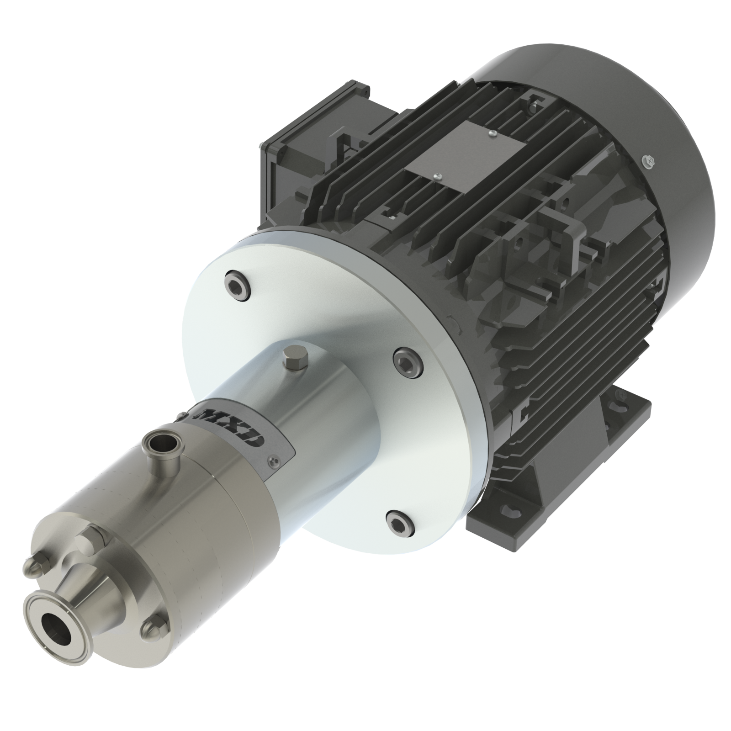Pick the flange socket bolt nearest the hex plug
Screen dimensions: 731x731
(406, 364)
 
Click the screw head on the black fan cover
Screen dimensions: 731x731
(648, 159)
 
